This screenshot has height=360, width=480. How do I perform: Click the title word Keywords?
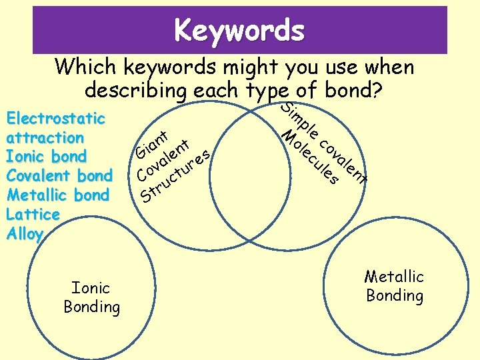[239, 30]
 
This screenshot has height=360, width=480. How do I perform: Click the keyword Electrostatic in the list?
[55, 119]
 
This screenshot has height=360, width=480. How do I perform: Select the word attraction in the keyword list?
[45, 138]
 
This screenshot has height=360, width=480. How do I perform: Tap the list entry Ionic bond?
[46, 157]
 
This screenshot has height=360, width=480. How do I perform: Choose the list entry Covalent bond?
[59, 176]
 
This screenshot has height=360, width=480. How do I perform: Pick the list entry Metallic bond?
[57, 195]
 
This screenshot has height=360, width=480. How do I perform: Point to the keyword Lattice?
[33, 215]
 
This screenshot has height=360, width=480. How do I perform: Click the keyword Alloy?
[25, 234]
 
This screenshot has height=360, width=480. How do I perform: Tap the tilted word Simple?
[298, 117]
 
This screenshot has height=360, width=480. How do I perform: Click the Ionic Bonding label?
[91, 297]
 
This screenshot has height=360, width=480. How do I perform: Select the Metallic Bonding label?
[394, 286]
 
